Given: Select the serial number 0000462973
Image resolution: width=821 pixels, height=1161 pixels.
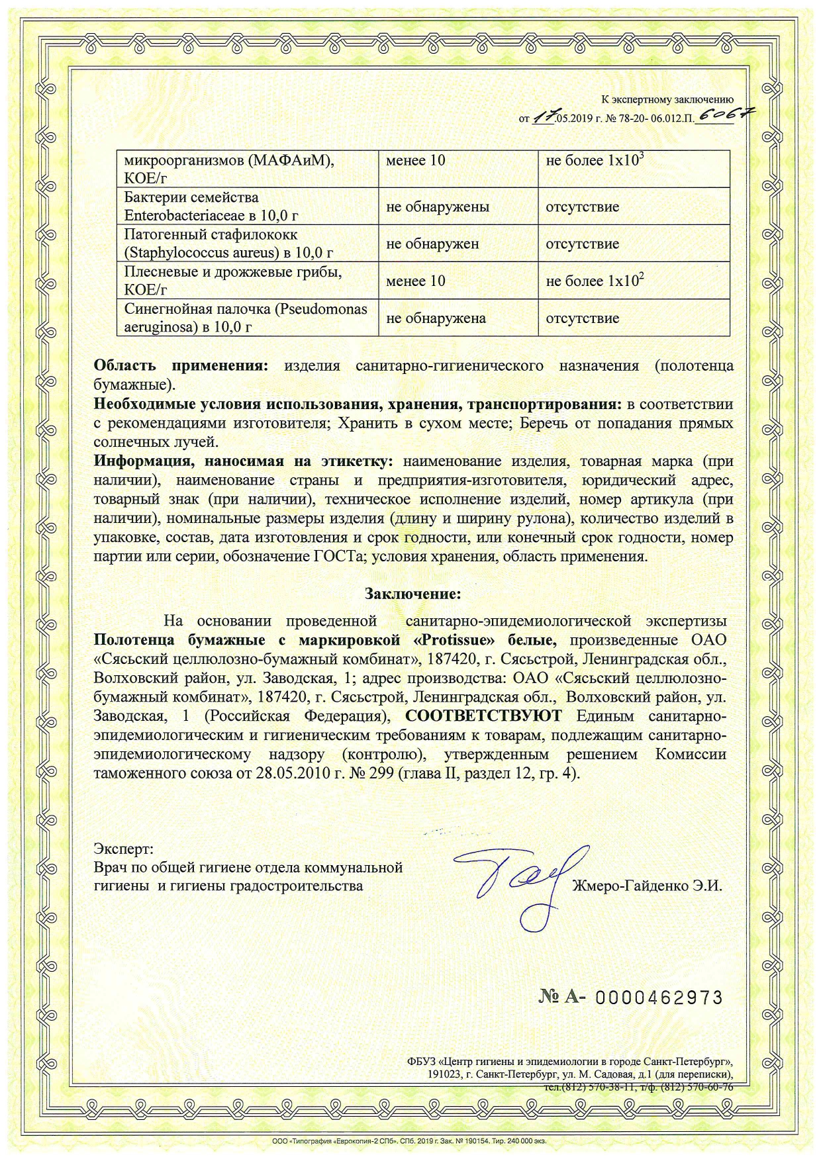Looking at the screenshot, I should pos(659,998).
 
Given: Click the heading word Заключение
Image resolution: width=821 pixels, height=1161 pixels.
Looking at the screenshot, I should pos(412,594).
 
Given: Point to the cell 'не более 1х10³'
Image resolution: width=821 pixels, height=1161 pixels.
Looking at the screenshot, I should pos(595,160).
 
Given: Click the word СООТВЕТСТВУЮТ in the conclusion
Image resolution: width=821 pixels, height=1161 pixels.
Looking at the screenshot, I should pos(483,716).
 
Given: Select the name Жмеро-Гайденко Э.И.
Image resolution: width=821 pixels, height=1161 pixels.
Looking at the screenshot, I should pos(647,886).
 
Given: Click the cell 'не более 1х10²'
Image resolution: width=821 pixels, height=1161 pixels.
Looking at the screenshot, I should pos(595,281).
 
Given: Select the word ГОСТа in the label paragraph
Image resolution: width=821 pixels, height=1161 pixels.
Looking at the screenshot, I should pos(340,556).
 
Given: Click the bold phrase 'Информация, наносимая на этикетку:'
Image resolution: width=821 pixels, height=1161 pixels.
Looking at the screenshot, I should pos(244,461).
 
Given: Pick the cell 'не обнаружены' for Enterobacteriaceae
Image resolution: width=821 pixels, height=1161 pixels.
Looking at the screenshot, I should pos(438,207).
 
